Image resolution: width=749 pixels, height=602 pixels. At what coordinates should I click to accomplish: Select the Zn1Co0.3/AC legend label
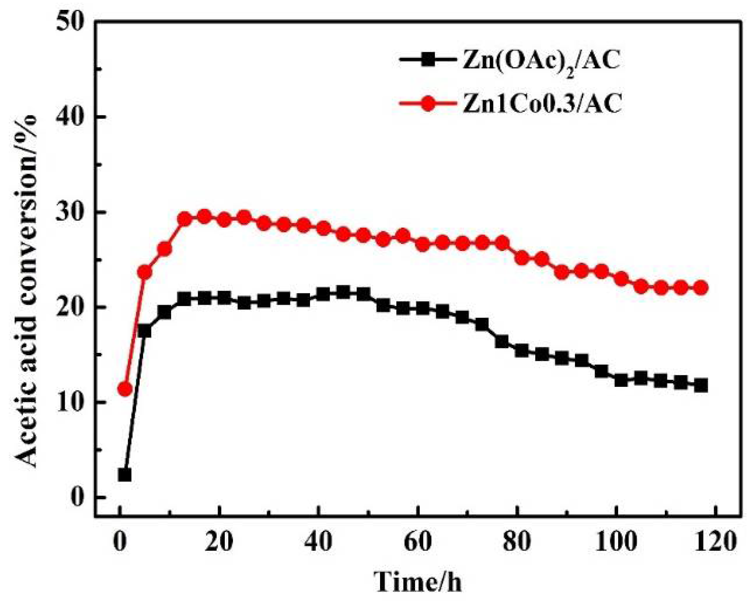(542, 104)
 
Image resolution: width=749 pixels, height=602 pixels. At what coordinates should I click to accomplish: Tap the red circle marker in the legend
(428, 103)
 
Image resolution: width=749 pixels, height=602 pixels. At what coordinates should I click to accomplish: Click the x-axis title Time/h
(418, 581)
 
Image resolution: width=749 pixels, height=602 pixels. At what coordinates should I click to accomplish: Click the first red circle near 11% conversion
(124, 389)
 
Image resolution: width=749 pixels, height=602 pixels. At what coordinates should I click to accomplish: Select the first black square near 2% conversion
(124, 475)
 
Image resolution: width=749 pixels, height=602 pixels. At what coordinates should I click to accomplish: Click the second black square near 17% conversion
(144, 331)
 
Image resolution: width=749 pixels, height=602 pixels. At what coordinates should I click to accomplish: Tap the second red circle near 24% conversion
(144, 273)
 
